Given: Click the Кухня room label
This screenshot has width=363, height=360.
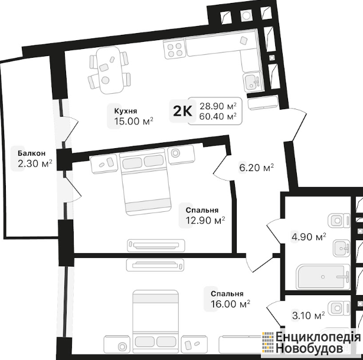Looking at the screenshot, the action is coord(126,111).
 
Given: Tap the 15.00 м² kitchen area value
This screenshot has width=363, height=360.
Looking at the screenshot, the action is coord(134,121).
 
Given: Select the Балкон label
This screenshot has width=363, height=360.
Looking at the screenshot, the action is coord(32,153).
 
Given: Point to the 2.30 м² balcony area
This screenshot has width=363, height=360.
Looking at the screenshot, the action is coord(35,163).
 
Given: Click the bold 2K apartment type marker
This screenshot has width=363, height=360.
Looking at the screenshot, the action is coord(182,112).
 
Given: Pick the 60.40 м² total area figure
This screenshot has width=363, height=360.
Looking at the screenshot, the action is coord(218,116).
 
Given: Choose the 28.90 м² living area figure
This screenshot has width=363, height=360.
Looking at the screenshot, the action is coord(218,106).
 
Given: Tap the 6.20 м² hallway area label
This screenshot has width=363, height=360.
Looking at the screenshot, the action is coord(257,168).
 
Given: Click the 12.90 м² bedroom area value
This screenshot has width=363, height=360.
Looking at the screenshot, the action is coord(205,220).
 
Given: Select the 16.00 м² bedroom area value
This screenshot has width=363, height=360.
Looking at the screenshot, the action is coord(230,304).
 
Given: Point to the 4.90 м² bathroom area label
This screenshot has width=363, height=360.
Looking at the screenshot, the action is coord(309,237).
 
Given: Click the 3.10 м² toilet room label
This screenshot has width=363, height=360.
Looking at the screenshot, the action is coord(308,315).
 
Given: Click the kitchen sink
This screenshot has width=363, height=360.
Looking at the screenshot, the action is coord(253,82).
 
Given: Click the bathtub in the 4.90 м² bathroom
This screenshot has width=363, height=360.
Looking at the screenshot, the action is coord(323,277).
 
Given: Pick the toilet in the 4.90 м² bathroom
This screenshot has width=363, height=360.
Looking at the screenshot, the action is coord(339,221).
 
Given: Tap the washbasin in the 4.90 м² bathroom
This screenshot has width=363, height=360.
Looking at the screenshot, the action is coord(342,248).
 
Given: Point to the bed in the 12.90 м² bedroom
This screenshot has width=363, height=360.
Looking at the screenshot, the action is coord(145,182).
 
